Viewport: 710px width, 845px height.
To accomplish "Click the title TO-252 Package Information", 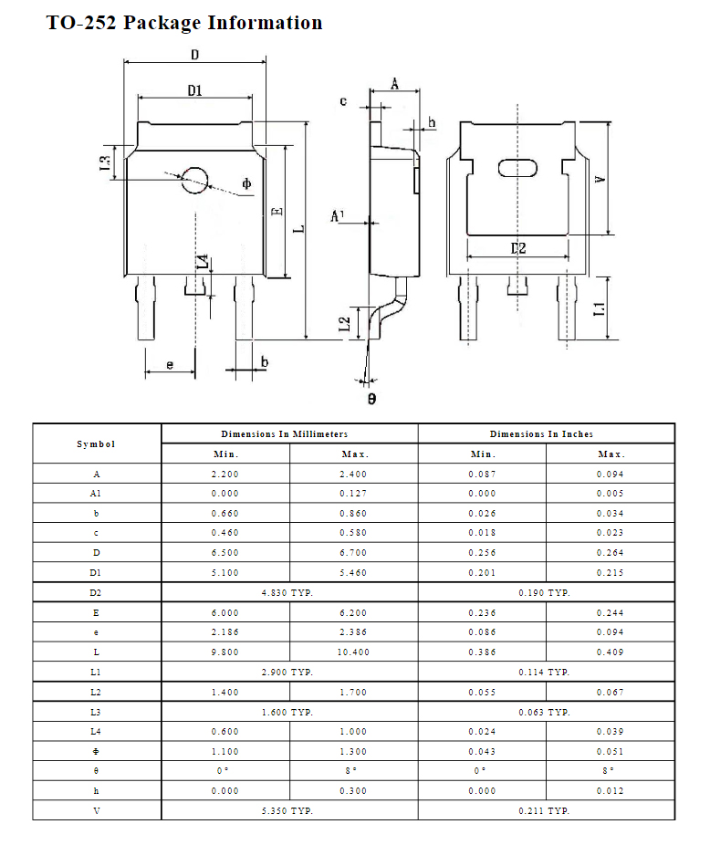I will click(184, 23).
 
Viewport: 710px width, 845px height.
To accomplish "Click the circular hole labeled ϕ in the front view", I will click(194, 180).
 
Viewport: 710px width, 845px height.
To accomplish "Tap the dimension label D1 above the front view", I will click(194, 89).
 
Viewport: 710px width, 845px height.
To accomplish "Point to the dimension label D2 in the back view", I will click(517, 248).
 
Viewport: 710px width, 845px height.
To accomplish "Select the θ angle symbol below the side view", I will click(371, 399).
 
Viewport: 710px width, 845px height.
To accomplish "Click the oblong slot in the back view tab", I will click(517, 168).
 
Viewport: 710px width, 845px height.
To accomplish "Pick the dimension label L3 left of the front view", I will click(106, 164).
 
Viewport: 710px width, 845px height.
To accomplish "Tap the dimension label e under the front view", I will click(170, 364).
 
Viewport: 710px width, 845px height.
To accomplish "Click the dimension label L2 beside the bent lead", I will click(344, 323).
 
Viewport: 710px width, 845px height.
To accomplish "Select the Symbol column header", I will click(97, 443).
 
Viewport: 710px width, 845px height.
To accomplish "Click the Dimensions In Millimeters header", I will click(289, 433).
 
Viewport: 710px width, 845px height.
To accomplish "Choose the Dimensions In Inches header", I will click(546, 433).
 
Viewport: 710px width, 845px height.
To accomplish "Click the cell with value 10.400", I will click(354, 652).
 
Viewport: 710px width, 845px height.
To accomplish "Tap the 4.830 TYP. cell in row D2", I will click(289, 592).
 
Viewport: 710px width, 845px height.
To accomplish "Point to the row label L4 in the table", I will click(97, 731).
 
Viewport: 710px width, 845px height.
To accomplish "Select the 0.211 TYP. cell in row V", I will click(546, 810).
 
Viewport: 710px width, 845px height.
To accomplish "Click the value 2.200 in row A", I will click(225, 474).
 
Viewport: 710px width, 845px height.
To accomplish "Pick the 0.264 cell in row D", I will click(611, 553).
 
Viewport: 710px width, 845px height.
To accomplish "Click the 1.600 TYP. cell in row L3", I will click(289, 712).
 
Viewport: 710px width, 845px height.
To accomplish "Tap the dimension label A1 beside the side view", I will click(338, 216).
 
